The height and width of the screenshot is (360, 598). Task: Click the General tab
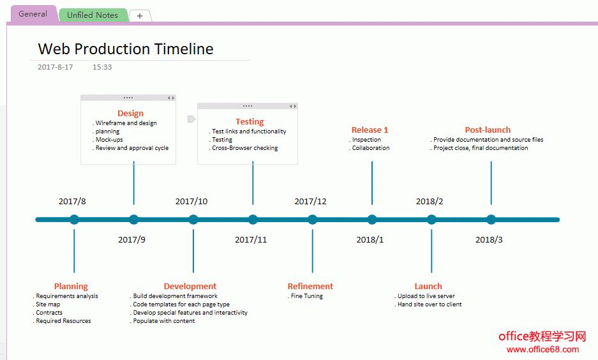tap(33, 14)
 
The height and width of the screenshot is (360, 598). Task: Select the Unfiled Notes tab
tap(93, 15)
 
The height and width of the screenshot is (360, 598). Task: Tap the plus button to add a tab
tap(140, 16)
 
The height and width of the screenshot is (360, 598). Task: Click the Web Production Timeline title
tap(126, 49)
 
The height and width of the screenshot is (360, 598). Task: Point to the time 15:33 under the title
tap(102, 67)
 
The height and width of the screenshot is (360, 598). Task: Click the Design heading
tap(130, 113)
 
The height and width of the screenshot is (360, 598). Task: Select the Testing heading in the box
tap(250, 122)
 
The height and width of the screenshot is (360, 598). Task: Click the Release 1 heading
tap(370, 130)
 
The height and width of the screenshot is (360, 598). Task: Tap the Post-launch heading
tap(488, 130)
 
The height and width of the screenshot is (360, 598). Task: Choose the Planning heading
tap(71, 287)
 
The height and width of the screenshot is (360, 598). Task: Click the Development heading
tap(190, 287)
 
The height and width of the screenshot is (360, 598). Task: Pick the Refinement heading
tap(310, 287)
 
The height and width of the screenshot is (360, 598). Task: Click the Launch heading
tap(428, 287)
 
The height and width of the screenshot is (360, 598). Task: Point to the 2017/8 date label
tap(72, 201)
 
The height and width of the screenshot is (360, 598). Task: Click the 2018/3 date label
tap(489, 240)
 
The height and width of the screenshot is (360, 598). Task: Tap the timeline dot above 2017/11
tap(253, 220)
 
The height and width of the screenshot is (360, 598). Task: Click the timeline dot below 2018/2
tap(431, 220)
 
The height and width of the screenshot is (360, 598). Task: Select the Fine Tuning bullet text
tap(306, 296)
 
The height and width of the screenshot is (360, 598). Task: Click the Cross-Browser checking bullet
tap(245, 148)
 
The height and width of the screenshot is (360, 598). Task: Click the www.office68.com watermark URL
tap(542, 349)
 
